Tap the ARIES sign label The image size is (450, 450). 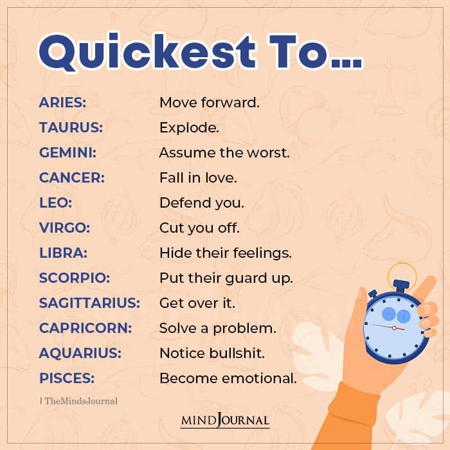(x=62, y=102)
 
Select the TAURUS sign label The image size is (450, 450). (x=71, y=127)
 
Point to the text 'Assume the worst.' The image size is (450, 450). (x=224, y=153)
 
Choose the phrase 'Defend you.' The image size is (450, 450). (x=202, y=203)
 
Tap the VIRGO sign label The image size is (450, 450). (x=65, y=228)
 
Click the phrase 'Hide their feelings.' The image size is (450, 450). (x=226, y=253)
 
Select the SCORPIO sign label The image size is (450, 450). (x=75, y=278)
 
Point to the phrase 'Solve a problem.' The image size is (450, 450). (x=218, y=328)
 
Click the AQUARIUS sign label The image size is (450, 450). (x=81, y=353)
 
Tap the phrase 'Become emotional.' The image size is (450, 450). (x=228, y=378)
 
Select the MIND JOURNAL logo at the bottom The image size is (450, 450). (x=225, y=421)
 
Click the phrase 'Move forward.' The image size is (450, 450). (x=210, y=102)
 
